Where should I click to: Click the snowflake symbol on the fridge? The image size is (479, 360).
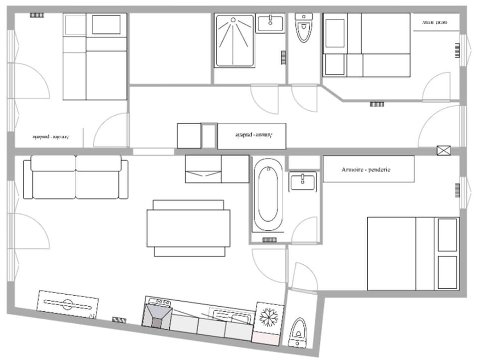click(x=269, y=317)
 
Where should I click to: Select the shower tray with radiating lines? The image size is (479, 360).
click(x=235, y=41)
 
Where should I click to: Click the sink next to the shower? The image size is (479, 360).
click(x=270, y=23)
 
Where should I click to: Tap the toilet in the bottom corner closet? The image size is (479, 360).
click(x=299, y=331)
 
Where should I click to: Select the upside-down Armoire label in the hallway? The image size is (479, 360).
click(x=251, y=136)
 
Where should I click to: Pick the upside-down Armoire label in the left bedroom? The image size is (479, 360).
click(x=51, y=136)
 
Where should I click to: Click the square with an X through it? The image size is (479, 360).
click(x=443, y=151)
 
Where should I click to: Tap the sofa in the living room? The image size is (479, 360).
click(x=75, y=177)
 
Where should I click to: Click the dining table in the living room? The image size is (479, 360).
click(x=188, y=228)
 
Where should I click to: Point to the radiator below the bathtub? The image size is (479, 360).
click(x=269, y=240)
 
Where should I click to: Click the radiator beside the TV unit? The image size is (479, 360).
click(x=119, y=320)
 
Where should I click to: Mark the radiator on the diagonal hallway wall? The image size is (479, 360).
click(x=377, y=104)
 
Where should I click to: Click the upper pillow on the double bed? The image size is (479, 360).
click(x=448, y=235)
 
